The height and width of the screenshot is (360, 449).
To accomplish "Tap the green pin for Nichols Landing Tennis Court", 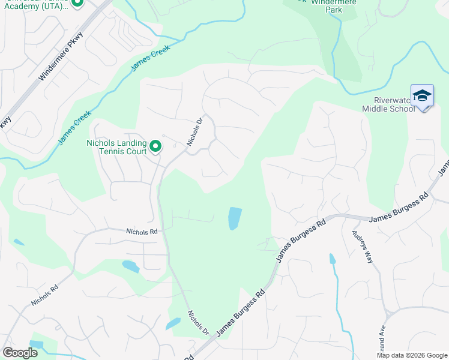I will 155,146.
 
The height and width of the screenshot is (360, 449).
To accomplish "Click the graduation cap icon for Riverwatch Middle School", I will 422,95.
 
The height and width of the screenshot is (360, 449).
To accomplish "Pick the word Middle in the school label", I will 376,109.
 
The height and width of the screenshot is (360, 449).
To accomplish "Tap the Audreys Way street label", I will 363,245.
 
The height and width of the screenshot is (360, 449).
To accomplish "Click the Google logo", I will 20,352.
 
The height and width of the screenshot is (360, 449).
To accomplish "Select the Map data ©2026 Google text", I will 411,355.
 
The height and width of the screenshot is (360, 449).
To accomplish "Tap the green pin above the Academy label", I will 77,2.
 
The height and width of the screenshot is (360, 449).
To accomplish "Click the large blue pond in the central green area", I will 234,218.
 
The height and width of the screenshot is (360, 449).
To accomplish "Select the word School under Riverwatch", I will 402,109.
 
